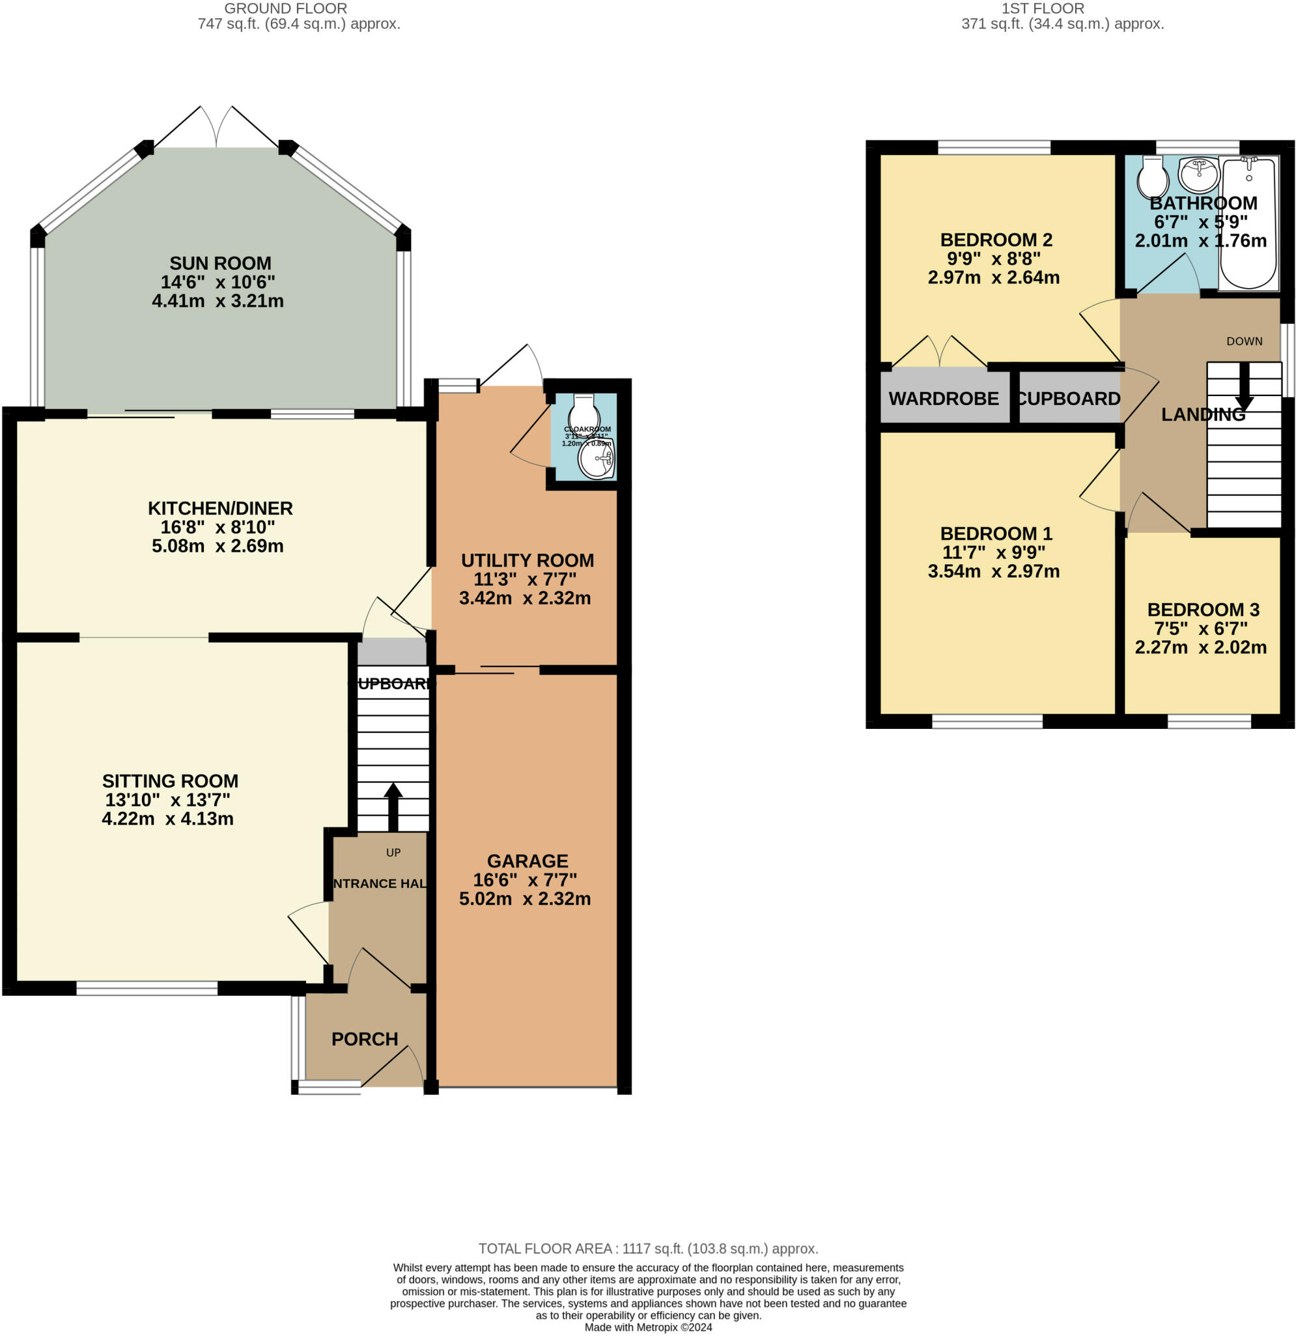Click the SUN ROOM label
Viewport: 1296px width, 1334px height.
tap(220, 263)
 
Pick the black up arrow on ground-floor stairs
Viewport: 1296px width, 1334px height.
tap(393, 806)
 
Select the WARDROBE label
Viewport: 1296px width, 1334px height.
tap(944, 399)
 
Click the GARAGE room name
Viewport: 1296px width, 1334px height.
tap(527, 861)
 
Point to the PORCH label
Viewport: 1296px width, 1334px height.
tap(364, 1040)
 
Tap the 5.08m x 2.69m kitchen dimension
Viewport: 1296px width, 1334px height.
tap(217, 546)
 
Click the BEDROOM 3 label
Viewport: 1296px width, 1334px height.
tap(1203, 610)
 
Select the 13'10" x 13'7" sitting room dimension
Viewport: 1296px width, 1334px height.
tap(167, 800)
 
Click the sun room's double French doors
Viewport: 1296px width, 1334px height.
tap(216, 127)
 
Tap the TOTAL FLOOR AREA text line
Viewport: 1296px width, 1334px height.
tap(648, 1249)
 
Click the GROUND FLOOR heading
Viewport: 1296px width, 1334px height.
tap(285, 9)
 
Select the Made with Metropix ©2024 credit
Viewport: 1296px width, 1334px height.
tap(648, 1327)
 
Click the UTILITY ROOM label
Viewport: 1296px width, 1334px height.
tap(527, 561)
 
